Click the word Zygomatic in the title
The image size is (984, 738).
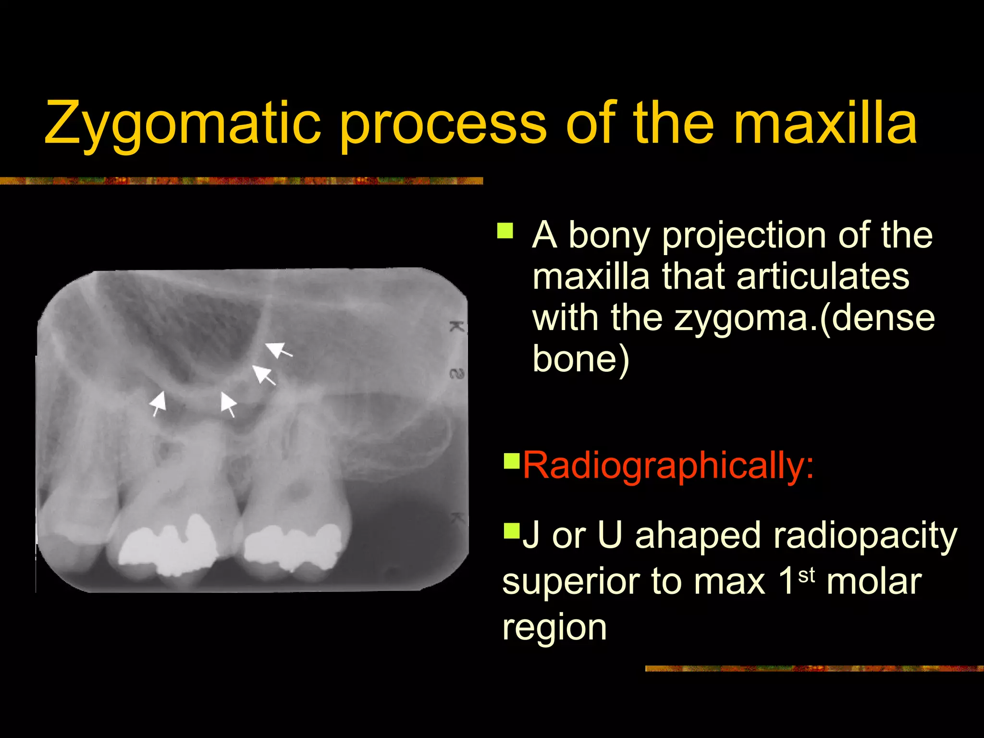point(183,124)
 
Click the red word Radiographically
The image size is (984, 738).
point(668,465)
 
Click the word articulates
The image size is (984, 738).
point(822,277)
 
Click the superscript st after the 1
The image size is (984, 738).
point(807,575)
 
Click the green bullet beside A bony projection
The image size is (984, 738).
point(505,231)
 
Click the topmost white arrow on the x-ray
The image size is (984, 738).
point(279,349)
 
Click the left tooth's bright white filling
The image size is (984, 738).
point(168,545)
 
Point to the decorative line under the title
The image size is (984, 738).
point(240,181)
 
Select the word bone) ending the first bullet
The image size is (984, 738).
point(580,360)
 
